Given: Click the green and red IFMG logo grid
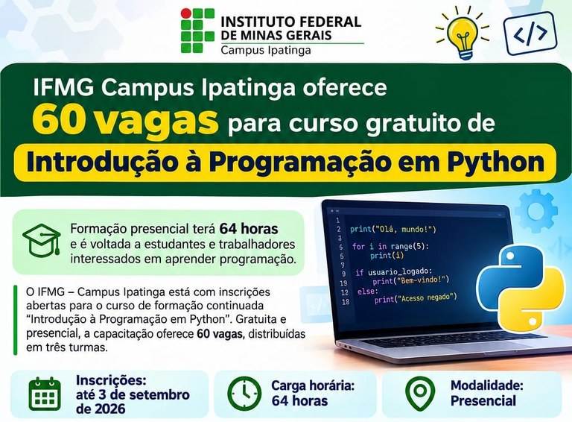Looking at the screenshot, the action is pos(197,31).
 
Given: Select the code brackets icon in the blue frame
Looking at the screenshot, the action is pos(530,34).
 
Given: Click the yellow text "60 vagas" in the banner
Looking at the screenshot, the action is pos(125,121).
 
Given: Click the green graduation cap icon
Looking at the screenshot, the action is pos(42,240).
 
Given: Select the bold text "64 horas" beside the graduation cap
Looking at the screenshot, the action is pos(249,229).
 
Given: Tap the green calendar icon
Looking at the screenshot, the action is pos(45,394).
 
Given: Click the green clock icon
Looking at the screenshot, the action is pos(244,393).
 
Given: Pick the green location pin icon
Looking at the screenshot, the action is pos(420,394).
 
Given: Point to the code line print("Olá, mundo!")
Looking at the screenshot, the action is pos(393,229).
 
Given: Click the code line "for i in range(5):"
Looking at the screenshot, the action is pos(390,246).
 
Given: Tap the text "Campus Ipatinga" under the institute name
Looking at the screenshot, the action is pos(266,50).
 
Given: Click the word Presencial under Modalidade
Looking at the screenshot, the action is pos(483,400).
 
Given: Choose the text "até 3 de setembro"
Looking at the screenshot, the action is pos(133,394).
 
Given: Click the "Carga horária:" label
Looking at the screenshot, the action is pos(313,385).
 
